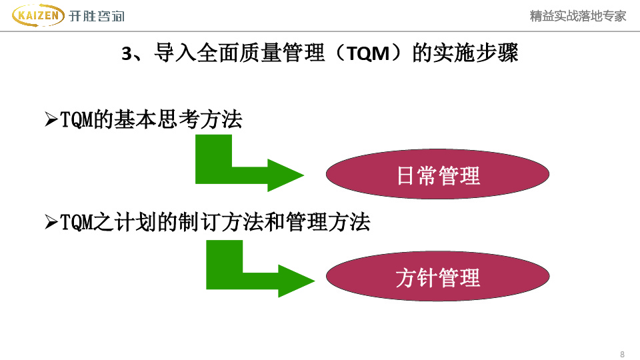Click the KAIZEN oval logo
tap(38, 15)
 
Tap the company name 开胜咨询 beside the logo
tap(96, 16)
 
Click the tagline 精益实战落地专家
tap(577, 16)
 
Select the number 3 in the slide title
tap(127, 54)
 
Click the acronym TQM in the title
tap(369, 53)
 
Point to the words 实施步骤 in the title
tap(475, 53)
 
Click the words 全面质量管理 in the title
tap(261, 53)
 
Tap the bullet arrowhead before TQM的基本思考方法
tap(51, 119)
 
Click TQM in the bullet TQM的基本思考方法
tap(77, 120)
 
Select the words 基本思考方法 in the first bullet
tap(178, 119)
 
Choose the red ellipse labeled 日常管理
tap(437, 174)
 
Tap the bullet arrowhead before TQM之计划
tap(51, 222)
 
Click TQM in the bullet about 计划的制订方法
tap(77, 223)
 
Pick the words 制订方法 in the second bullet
tap(221, 222)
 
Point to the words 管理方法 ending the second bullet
tap(328, 222)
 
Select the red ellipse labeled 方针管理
tap(437, 276)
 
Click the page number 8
tap(622, 354)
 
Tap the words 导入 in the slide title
tap(175, 53)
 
